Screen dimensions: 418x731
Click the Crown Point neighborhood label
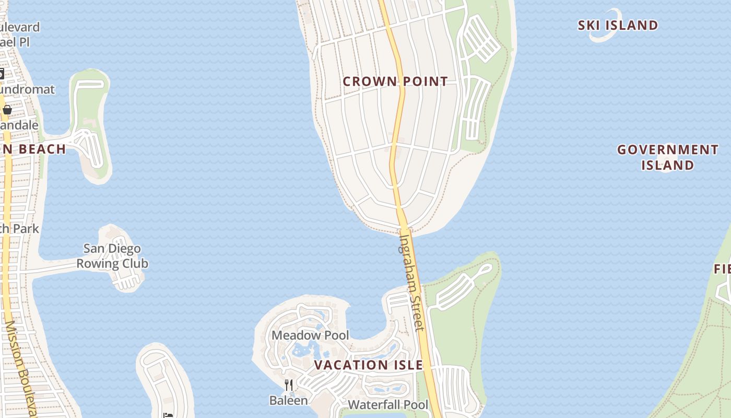click(x=395, y=82)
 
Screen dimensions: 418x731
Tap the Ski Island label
click(x=618, y=25)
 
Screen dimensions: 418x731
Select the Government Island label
click(x=667, y=157)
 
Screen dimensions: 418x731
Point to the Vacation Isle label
click(x=368, y=365)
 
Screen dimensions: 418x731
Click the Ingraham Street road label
click(x=411, y=282)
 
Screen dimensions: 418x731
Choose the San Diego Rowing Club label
click(x=112, y=256)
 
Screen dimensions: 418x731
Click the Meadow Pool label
click(x=310, y=335)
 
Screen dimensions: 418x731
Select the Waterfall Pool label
click(x=387, y=404)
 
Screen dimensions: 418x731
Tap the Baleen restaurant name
click(x=288, y=400)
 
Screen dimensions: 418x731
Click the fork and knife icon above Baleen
click(x=288, y=385)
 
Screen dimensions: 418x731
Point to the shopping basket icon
click(x=7, y=109)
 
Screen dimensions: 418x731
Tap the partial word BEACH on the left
click(x=42, y=149)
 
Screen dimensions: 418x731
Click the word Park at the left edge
click(x=26, y=229)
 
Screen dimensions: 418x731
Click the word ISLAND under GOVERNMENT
click(x=667, y=166)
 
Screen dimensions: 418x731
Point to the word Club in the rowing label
click(x=134, y=264)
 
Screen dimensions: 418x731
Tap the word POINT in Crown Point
click(x=424, y=82)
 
